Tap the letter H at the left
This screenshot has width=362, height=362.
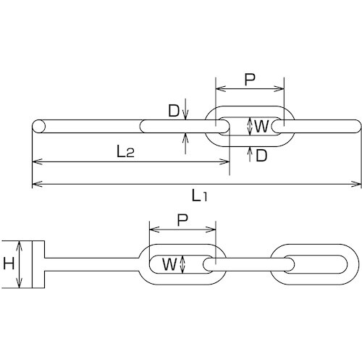coord(9,265)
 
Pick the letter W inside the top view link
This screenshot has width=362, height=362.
coord(261,127)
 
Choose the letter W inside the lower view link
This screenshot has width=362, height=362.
coord(169,264)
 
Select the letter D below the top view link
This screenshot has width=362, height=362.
coord(261,155)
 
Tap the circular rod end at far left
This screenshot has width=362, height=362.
coord(39,126)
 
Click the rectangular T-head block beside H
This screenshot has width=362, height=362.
coord(38,265)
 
